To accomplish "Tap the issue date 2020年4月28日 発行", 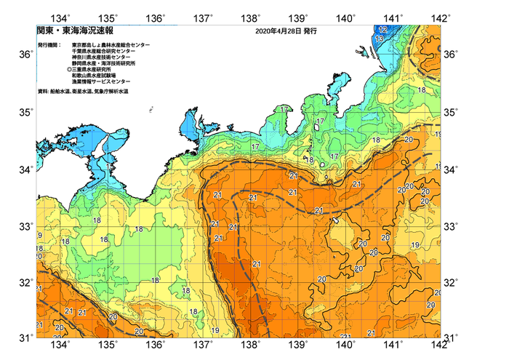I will coord(286,32).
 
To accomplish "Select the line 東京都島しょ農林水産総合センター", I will coord(111,45).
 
